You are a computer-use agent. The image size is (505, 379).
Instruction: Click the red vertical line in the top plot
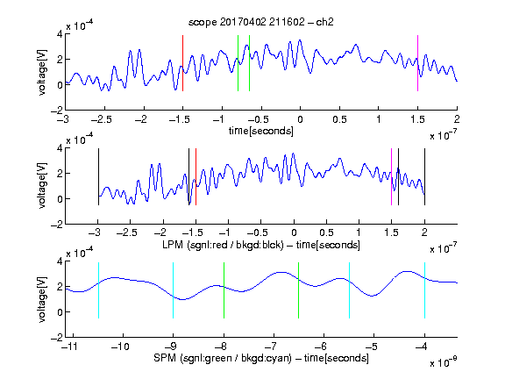(x=182, y=63)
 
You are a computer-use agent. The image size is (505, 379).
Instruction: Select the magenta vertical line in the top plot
(x=417, y=63)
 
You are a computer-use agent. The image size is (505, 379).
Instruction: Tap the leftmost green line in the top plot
(x=238, y=63)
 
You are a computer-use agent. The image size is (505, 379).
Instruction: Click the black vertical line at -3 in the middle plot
(x=98, y=176)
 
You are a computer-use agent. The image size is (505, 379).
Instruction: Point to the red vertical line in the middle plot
(x=196, y=176)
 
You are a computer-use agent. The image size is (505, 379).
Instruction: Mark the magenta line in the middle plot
(x=391, y=176)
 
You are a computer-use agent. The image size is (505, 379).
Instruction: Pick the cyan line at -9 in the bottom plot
(x=174, y=290)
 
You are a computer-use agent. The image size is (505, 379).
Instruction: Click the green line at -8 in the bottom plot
(x=224, y=290)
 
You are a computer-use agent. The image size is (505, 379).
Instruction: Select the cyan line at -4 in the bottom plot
(x=425, y=290)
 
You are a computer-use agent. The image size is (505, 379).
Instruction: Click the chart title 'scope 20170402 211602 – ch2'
(x=261, y=22)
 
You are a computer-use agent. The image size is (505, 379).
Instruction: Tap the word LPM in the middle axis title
(x=173, y=245)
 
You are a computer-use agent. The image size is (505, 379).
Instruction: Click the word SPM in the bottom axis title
(x=165, y=358)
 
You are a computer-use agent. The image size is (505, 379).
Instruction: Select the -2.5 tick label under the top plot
(x=102, y=119)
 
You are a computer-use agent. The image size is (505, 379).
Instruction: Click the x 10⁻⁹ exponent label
(x=444, y=361)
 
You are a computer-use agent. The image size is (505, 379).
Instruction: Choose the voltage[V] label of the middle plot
(x=42, y=186)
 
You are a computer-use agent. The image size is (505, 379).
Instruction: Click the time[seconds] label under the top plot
(x=261, y=131)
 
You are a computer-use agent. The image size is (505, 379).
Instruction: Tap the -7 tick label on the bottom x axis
(x=271, y=347)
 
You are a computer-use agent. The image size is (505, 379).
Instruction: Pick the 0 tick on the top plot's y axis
(x=60, y=85)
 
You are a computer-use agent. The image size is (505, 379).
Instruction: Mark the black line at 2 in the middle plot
(x=425, y=176)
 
